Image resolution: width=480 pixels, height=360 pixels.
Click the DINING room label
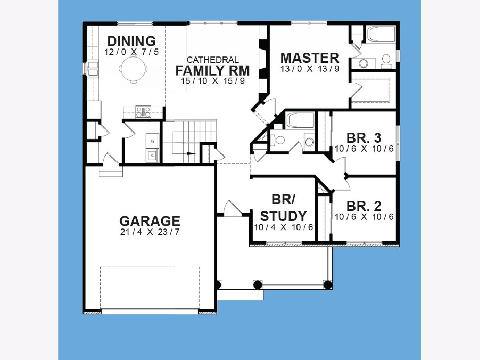click(132, 41)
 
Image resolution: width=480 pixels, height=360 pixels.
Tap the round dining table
click(133, 69)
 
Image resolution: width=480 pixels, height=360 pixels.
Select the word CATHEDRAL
click(212, 60)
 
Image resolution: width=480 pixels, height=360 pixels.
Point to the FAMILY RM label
click(213, 71)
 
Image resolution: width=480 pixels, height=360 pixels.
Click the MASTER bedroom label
click(310, 58)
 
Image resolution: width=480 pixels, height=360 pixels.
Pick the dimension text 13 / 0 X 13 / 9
click(310, 69)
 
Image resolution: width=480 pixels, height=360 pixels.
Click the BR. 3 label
click(364, 138)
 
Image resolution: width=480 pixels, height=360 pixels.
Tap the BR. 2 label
click(364, 206)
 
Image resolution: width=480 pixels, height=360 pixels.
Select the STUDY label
click(284, 216)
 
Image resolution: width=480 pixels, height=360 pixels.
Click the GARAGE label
click(150, 221)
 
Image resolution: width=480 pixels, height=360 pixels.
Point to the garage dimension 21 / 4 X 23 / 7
click(150, 232)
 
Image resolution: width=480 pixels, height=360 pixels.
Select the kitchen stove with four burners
click(143, 112)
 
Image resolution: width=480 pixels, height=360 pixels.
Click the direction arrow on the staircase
click(191, 153)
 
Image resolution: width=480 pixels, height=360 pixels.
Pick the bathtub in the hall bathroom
click(301, 120)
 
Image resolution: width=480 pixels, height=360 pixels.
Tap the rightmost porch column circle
click(328, 285)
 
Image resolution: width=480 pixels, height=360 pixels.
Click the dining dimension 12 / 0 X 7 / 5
click(132, 52)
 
